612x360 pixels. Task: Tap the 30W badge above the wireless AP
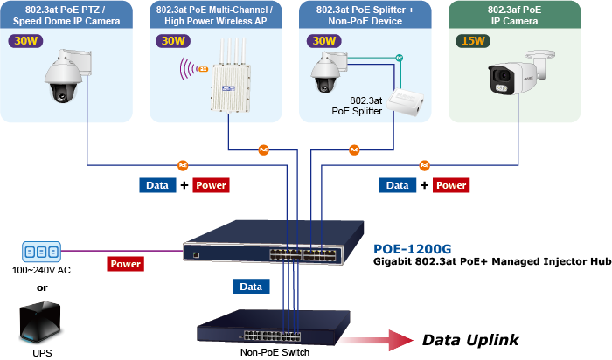coord(173,41)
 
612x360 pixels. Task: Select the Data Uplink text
coord(470,340)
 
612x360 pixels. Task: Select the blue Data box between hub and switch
coord(250,287)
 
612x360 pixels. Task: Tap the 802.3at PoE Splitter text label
coord(357,106)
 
